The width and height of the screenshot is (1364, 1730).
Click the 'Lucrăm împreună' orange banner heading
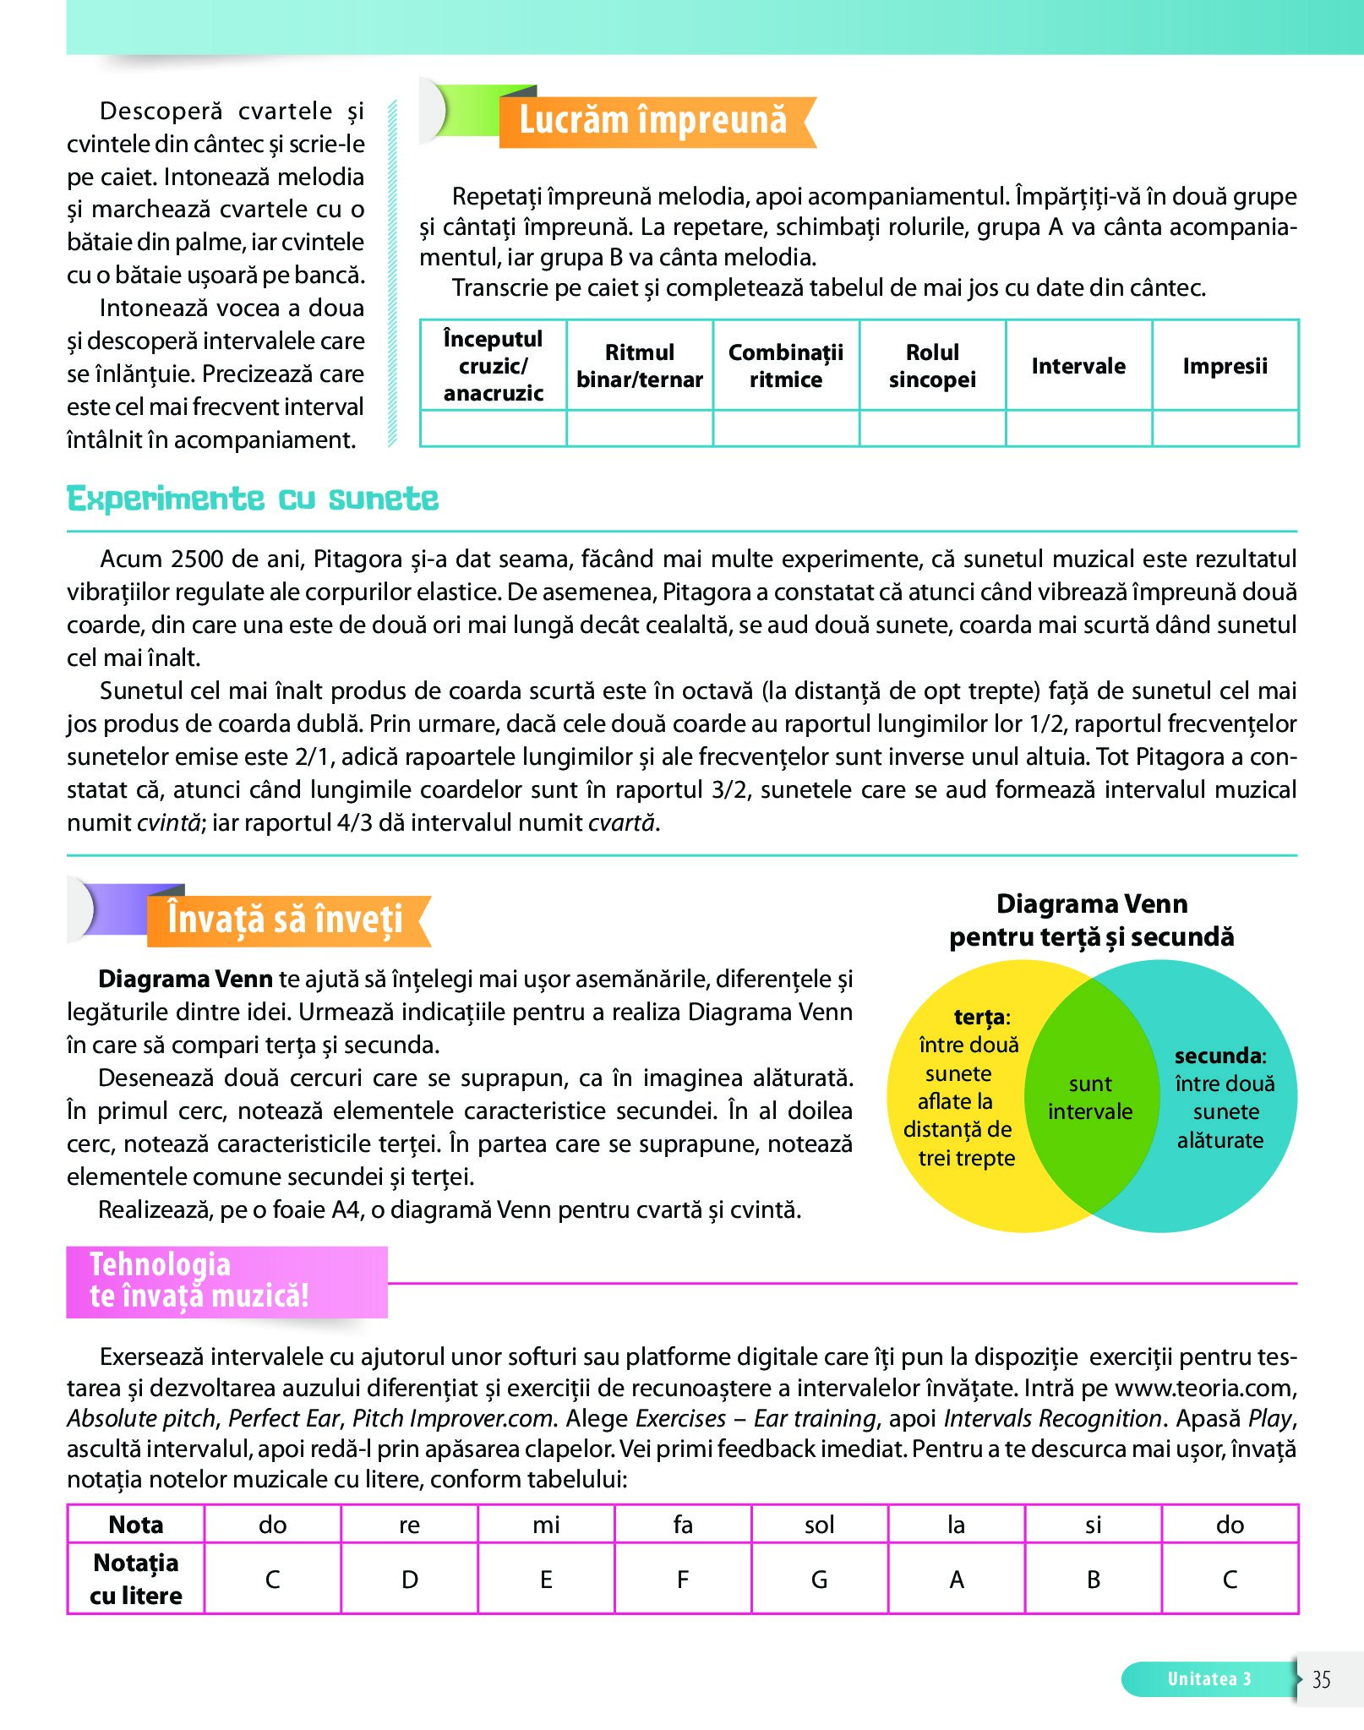coord(652,121)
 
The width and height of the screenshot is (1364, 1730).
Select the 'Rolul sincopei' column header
coord(932,366)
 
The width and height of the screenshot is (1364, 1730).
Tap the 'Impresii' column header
coord(1225,366)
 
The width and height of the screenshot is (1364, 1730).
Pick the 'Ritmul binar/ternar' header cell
coord(640,366)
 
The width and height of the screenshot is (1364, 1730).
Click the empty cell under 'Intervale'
coord(1078,428)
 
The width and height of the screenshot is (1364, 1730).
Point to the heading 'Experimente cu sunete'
coord(253,499)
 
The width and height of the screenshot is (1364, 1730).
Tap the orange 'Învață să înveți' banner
coord(285,920)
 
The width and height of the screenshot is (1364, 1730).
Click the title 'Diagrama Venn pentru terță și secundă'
coord(1091,920)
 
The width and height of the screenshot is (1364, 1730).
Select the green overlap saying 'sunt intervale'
coord(1090,1098)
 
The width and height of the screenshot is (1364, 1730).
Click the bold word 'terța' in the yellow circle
coord(979,1017)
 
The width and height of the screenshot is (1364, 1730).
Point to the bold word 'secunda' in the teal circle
coord(1218,1056)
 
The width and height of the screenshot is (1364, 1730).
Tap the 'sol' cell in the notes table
coord(819,1525)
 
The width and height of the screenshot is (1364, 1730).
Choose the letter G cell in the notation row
coord(819,1579)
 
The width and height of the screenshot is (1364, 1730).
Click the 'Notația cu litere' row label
coord(136,1579)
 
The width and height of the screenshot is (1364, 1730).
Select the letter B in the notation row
coord(1093,1579)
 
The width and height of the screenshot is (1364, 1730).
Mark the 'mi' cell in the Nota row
coord(546,1525)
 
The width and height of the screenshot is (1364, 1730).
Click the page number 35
coord(1321,1679)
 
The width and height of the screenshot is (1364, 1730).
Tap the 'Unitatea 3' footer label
coord(1209,1679)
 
